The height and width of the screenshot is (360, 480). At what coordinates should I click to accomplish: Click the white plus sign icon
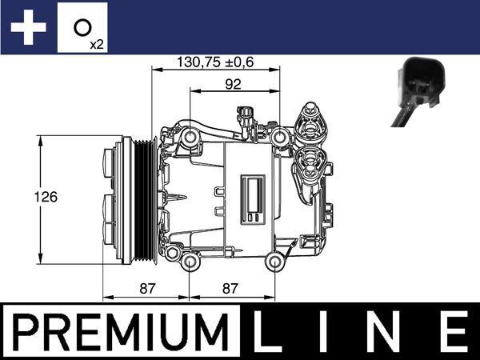(26, 28)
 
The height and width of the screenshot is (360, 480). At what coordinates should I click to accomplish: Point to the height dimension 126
(50, 197)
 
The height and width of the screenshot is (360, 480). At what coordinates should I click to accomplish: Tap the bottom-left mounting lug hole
(190, 262)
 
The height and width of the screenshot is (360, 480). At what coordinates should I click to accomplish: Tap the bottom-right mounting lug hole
(274, 261)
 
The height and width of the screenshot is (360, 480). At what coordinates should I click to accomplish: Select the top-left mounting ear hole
(190, 139)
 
